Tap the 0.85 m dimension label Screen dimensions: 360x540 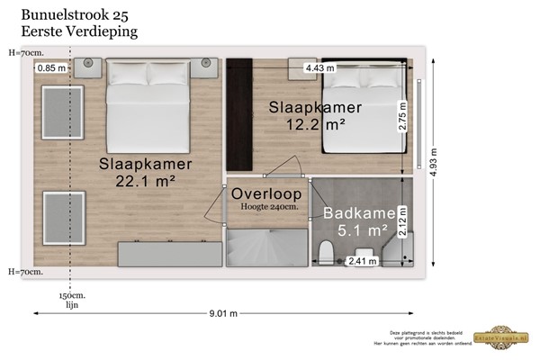tap(52, 67)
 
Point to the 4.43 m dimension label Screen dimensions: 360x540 tap(319, 67)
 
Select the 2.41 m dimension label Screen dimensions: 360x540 tap(362, 262)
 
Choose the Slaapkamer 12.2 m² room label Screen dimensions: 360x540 tap(315, 116)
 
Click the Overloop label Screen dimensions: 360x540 tap(265, 193)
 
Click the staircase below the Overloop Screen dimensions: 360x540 tap(265, 247)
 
